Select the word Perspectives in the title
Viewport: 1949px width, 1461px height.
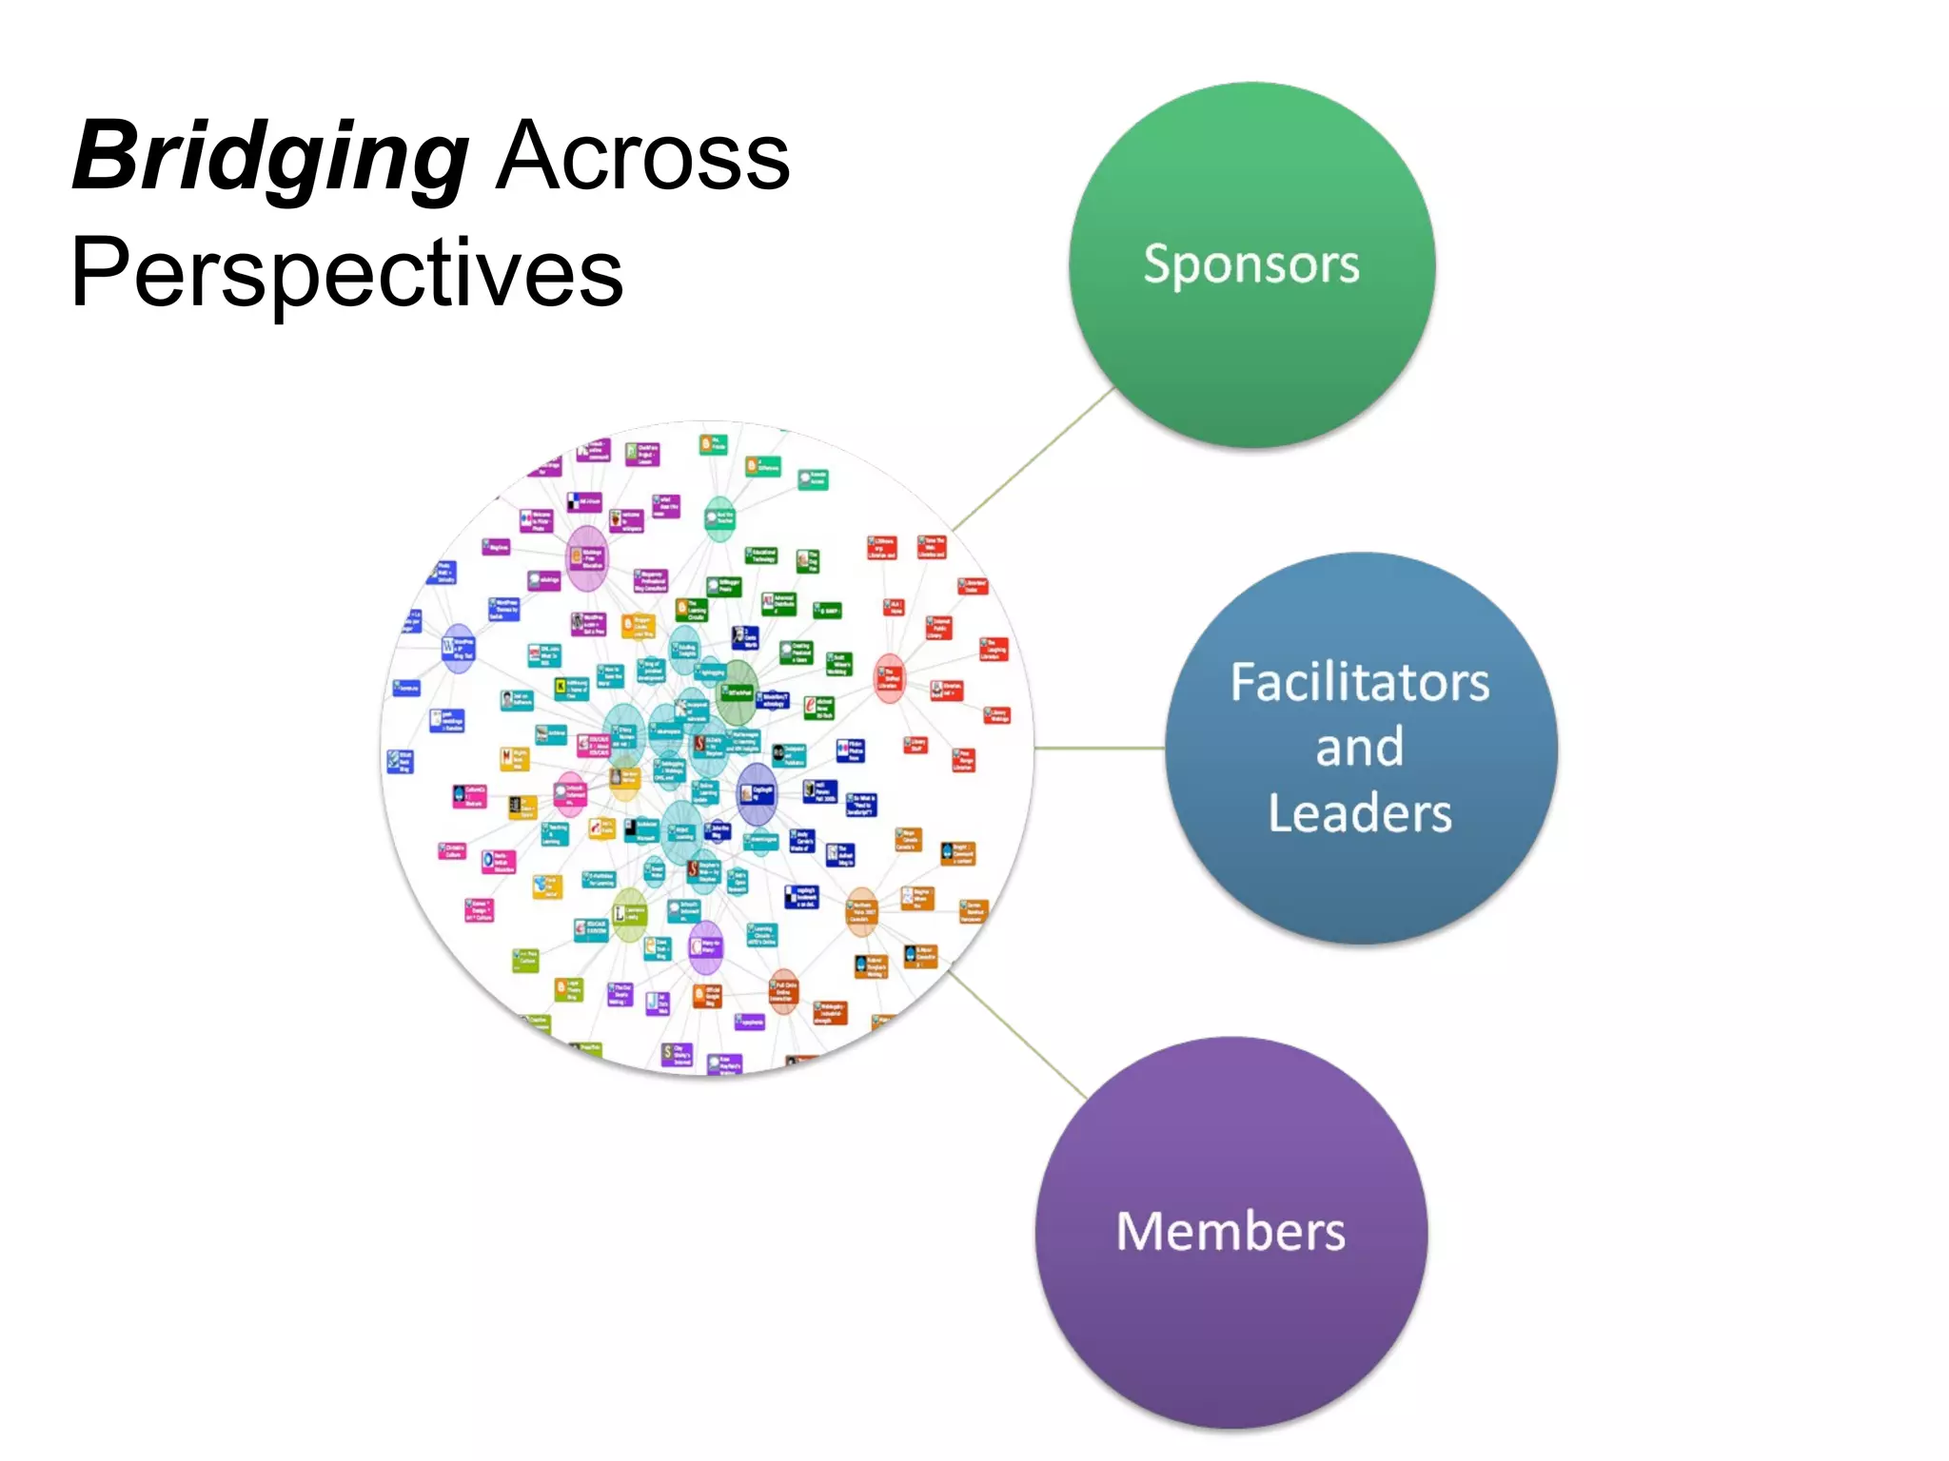pyautogui.click(x=347, y=273)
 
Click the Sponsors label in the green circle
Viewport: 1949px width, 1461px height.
pyautogui.click(x=1250, y=264)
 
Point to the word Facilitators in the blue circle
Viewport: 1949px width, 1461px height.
pyautogui.click(x=1359, y=683)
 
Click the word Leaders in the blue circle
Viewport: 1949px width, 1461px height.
pyautogui.click(x=1359, y=814)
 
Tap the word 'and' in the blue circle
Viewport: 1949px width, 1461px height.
pyautogui.click(x=1359, y=748)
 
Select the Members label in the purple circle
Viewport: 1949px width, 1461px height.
pyautogui.click(x=1230, y=1232)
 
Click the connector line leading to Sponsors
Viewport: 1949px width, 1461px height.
pyautogui.click(x=1034, y=458)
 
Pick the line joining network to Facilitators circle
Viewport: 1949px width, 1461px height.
pyautogui.click(x=1099, y=749)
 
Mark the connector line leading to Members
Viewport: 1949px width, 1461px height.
pyautogui.click(x=1018, y=1035)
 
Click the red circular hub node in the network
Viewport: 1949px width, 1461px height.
pyautogui.click(x=890, y=678)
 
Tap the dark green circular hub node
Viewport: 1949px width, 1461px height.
pyautogui.click(x=737, y=692)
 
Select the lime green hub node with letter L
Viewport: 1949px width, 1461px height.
pyautogui.click(x=629, y=914)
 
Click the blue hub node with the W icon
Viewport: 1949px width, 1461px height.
pyautogui.click(x=458, y=649)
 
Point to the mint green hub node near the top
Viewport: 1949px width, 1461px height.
pyautogui.click(x=719, y=517)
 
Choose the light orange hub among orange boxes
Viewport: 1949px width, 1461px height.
pyautogui.click(x=861, y=911)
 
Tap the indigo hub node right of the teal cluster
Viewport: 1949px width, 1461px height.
pyautogui.click(x=758, y=792)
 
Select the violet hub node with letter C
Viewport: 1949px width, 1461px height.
pyautogui.click(x=705, y=946)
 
